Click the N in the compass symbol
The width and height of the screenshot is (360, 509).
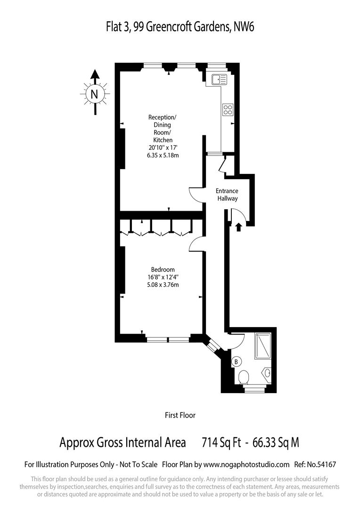[95, 94]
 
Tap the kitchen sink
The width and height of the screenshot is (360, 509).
[220, 79]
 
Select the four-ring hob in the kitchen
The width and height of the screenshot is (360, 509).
[228, 109]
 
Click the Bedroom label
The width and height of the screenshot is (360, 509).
[163, 269]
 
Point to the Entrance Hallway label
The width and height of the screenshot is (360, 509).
[227, 195]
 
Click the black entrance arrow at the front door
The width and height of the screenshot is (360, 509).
[238, 227]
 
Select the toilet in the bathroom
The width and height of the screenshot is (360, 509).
[244, 377]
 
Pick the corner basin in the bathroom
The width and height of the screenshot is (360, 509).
[267, 373]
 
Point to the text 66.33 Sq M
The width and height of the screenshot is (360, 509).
[276, 443]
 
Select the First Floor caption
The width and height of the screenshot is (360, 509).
[180, 415]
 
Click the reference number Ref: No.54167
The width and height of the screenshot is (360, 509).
[314, 464]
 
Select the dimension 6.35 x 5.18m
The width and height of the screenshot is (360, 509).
[163, 155]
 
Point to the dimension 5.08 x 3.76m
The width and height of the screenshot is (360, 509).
[163, 284]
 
